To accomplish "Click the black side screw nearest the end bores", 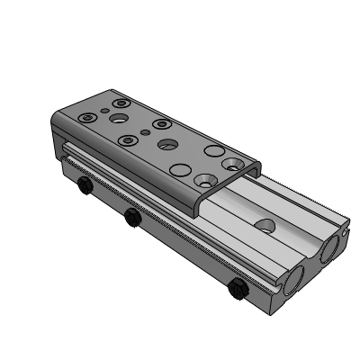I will [x=238, y=290].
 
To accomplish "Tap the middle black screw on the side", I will [x=132, y=217].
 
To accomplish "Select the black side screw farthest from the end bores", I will [x=84, y=187].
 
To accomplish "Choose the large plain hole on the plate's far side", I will [x=213, y=149].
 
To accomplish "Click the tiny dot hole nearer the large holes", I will [x=146, y=132].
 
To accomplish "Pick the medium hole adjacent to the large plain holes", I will [x=166, y=143].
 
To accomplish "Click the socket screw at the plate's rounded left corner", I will [x=86, y=117].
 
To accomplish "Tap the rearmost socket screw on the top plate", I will [x=120, y=103].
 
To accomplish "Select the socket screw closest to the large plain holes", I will [x=161, y=123].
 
